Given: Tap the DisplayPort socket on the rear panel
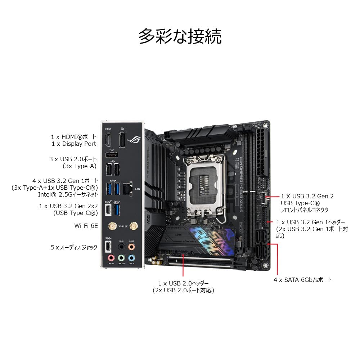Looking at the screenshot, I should tap(122, 140).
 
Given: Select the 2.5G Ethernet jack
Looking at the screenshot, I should tap(127, 188).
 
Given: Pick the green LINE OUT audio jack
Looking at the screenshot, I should tap(122, 258).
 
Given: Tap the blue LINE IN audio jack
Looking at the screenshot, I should tap(132, 258).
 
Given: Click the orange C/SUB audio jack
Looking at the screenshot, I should tap(132, 247).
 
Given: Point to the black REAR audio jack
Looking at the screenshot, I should tap(122, 247).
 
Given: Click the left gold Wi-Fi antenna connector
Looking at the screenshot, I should tap(112, 226).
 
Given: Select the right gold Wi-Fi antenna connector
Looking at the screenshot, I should tap(134, 226).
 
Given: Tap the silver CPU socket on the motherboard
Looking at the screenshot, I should tap(204, 184).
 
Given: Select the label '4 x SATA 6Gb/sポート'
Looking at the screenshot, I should tap(302, 280).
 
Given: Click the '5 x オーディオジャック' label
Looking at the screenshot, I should tap(74, 248).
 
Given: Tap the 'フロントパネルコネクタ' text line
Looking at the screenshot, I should tap(305, 210).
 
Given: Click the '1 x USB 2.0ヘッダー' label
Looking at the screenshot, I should tap(183, 283).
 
